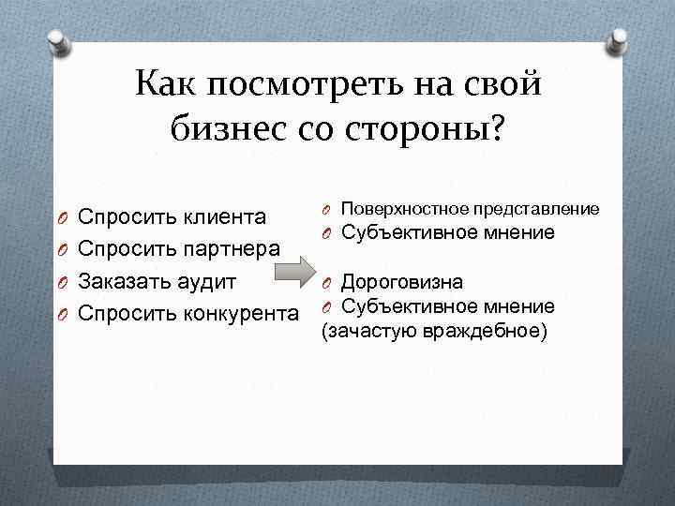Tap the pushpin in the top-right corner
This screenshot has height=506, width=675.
[620, 41]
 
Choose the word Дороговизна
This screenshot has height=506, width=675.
[401, 282]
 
